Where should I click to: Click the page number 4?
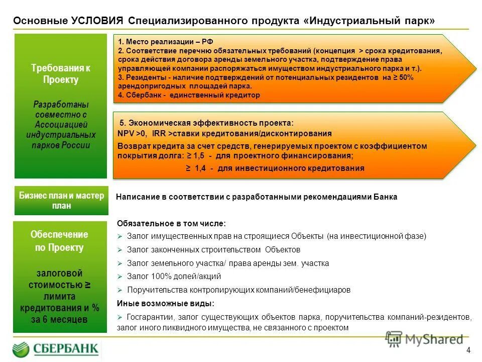coord(468,350)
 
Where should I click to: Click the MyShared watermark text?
coord(431,339)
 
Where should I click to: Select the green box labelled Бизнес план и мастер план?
coord(61,201)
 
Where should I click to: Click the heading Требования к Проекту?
coord(61,74)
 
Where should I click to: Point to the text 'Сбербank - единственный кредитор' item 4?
coord(189,95)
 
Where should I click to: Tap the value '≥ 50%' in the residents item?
coord(403,78)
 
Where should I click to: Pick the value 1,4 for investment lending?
coord(199,168)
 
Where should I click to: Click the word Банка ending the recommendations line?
coord(385,197)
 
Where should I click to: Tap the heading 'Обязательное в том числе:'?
coord(171,223)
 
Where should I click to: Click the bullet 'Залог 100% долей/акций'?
coord(174,277)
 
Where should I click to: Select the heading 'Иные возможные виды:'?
coord(165,303)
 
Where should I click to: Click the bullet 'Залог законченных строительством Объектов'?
coord(213,249)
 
